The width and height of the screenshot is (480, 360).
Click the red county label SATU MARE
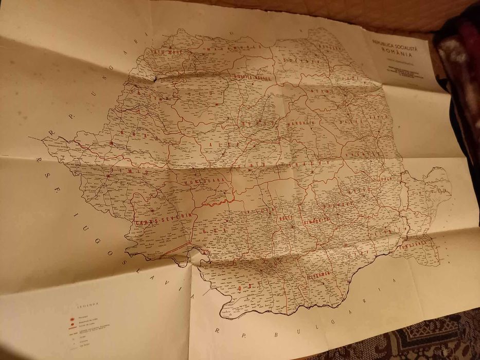pos(164,52)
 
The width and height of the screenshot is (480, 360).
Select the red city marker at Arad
pos(111,143)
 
